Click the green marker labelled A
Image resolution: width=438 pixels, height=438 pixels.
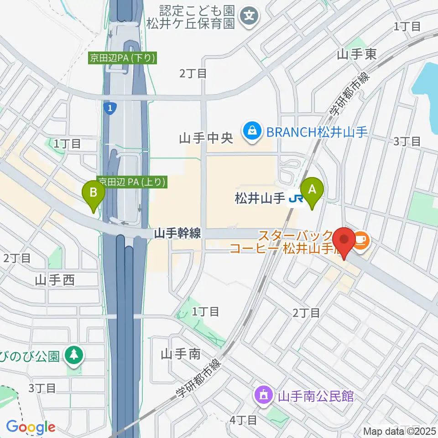(313, 190)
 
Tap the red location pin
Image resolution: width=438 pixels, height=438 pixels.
(344, 241)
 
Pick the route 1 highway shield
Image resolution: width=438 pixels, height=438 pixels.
(109, 108)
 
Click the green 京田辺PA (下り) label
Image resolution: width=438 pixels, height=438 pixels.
(123, 58)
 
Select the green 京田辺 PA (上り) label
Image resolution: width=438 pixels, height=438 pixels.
(132, 182)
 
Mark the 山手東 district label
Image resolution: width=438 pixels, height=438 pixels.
(357, 55)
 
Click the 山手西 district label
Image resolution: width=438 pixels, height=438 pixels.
(54, 280)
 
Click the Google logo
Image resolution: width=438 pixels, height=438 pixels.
(31, 428)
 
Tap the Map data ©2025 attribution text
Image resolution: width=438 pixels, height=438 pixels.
(400, 431)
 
